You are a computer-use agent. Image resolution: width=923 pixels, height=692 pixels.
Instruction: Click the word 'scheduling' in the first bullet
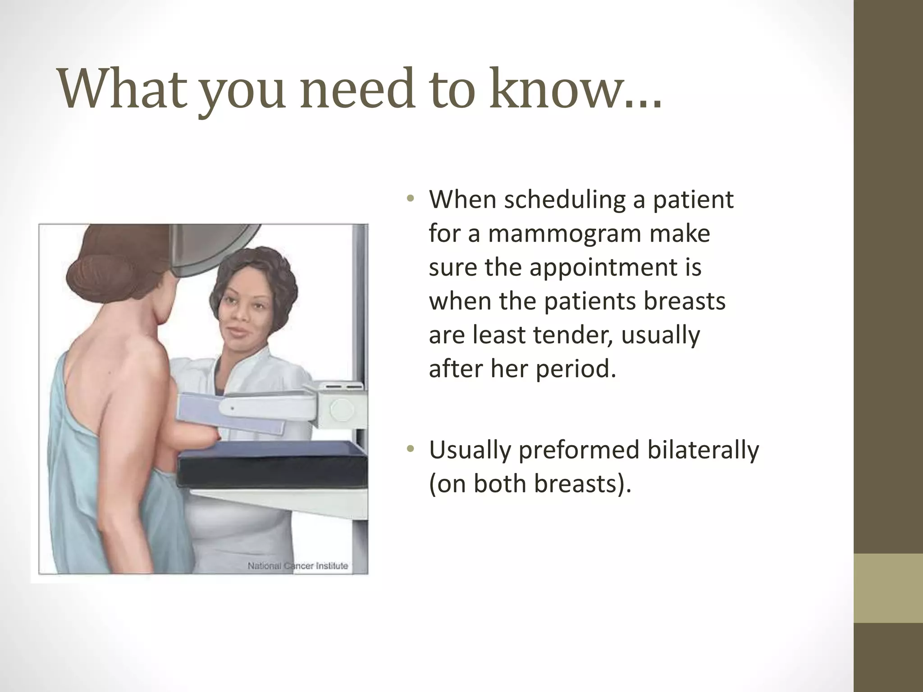click(564, 200)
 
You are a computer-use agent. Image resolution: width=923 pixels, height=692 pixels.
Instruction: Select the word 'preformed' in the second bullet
click(579, 450)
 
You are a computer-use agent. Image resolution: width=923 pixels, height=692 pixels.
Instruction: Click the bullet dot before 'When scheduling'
click(410, 199)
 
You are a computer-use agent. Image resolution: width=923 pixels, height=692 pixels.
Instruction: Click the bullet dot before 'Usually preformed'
click(410, 449)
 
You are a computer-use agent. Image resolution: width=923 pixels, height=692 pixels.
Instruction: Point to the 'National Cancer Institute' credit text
click(297, 566)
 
